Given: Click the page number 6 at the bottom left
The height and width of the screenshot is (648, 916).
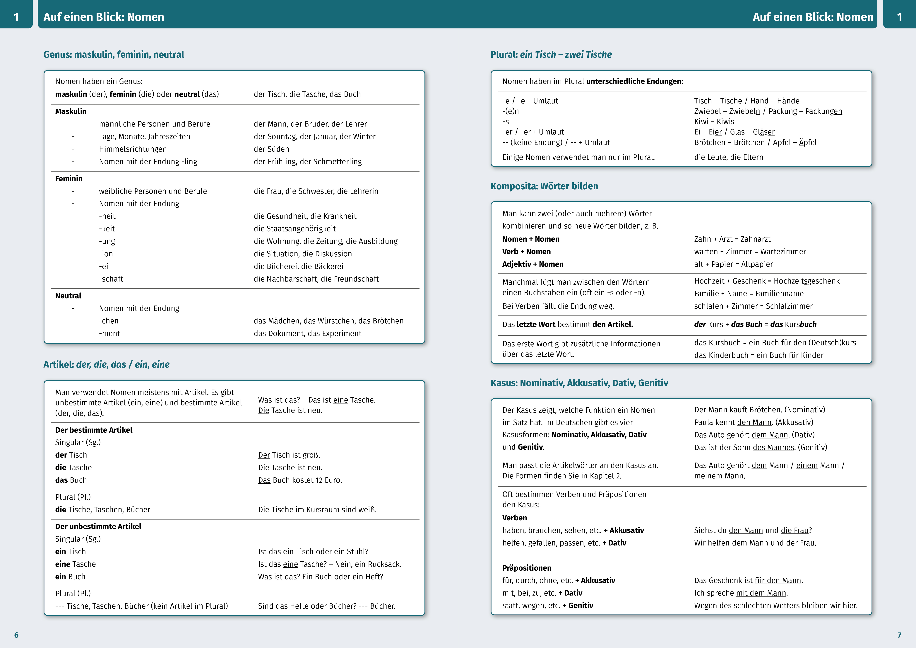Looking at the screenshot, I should pos(16,635).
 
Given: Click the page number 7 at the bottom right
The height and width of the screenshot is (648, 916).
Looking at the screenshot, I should pos(899,635).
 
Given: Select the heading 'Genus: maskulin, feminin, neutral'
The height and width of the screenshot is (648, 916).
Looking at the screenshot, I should pos(114,54).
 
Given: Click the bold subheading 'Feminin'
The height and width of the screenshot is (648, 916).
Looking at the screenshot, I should pos(69,178).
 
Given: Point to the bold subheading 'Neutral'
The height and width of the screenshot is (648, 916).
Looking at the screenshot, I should pos(68,296).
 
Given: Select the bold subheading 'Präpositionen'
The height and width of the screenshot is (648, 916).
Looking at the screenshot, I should pos(527,568).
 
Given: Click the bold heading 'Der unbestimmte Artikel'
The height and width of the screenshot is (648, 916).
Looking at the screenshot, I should pos(98,526).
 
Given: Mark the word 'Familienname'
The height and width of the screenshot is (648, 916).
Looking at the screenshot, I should pos(779,294).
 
